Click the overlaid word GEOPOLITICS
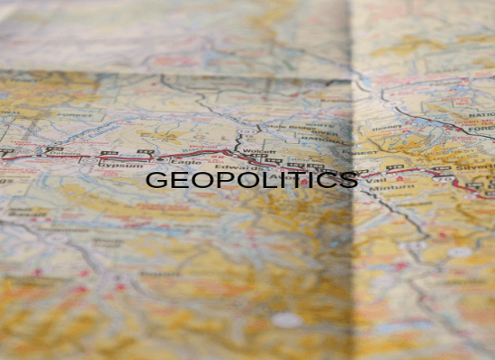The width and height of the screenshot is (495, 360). click(251, 180)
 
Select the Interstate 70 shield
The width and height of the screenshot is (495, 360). click(144, 148)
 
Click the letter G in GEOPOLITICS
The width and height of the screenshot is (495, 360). click(154, 180)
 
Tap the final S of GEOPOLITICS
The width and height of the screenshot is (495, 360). click(350, 180)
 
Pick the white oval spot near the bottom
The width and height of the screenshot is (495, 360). click(287, 319)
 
